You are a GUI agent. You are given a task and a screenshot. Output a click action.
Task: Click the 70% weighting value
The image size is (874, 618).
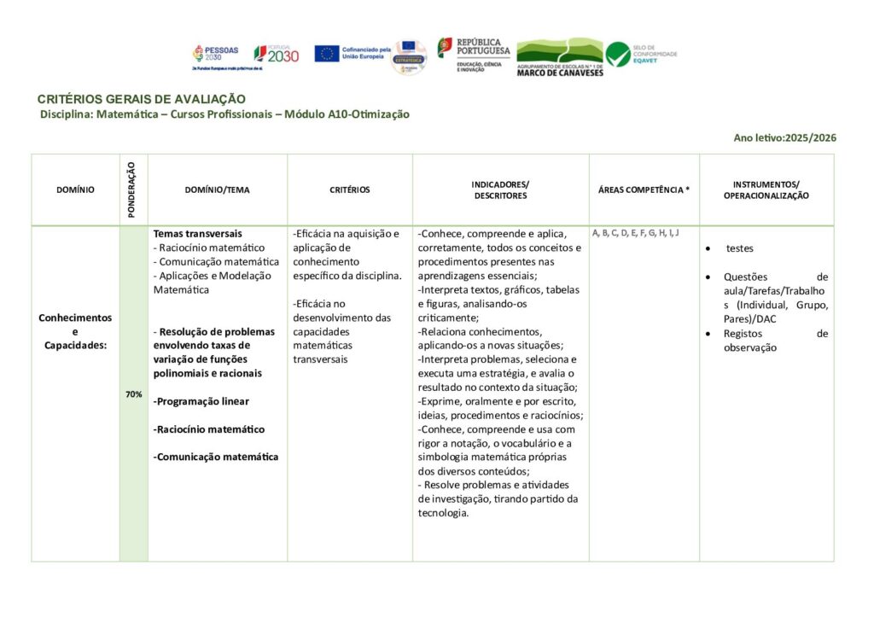click(133, 394)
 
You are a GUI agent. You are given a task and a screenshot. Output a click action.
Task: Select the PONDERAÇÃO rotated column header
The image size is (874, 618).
click(132, 189)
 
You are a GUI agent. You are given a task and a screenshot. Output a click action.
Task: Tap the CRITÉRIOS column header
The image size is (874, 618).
click(350, 190)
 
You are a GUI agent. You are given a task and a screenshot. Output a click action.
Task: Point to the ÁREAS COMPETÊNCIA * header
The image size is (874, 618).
click(644, 190)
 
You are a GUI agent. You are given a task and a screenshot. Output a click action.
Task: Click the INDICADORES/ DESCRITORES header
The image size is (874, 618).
click(500, 189)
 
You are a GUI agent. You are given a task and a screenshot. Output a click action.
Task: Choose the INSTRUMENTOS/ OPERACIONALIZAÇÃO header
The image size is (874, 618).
click(766, 189)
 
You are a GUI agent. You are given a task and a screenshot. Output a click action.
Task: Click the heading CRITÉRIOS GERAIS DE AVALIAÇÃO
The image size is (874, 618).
click(142, 99)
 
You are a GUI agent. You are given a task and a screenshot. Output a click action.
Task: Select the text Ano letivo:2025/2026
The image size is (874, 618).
click(784, 137)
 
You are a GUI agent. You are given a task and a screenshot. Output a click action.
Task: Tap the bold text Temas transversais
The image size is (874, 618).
click(198, 233)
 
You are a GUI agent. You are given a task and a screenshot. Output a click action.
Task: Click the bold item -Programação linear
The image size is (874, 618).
click(201, 401)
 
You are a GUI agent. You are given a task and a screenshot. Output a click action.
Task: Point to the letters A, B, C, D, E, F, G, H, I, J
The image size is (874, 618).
click(635, 232)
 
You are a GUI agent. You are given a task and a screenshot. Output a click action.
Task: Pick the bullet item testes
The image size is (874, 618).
click(739, 248)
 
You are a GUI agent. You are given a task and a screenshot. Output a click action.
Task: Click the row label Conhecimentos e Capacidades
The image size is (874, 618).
click(75, 330)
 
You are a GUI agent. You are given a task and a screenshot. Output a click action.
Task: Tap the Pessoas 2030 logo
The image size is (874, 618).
click(216, 55)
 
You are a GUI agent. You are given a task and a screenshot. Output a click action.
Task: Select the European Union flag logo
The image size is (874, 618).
click(327, 54)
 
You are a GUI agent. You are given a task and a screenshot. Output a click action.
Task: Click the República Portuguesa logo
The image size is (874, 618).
click(474, 54)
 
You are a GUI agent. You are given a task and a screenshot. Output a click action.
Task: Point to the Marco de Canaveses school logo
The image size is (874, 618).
click(560, 56)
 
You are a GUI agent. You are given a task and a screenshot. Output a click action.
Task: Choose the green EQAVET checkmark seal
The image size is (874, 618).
click(618, 54)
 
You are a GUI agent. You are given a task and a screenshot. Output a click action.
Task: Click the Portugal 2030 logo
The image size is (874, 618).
click(277, 54)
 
